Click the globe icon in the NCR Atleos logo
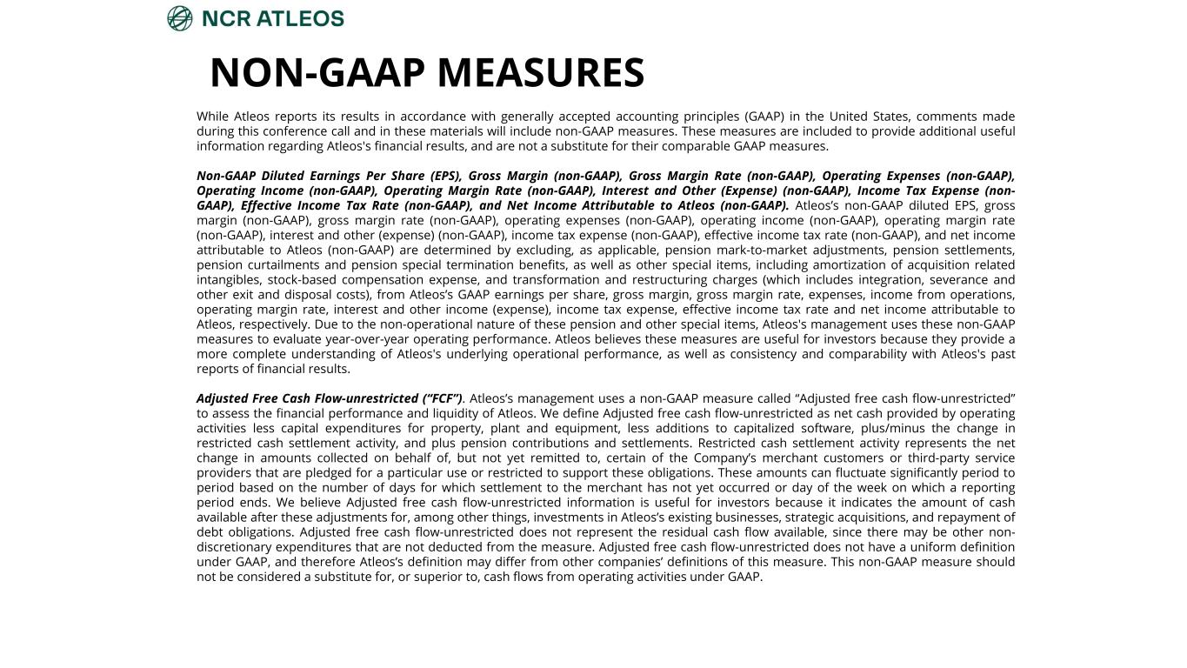click(x=180, y=18)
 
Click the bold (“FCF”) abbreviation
click(x=441, y=398)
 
